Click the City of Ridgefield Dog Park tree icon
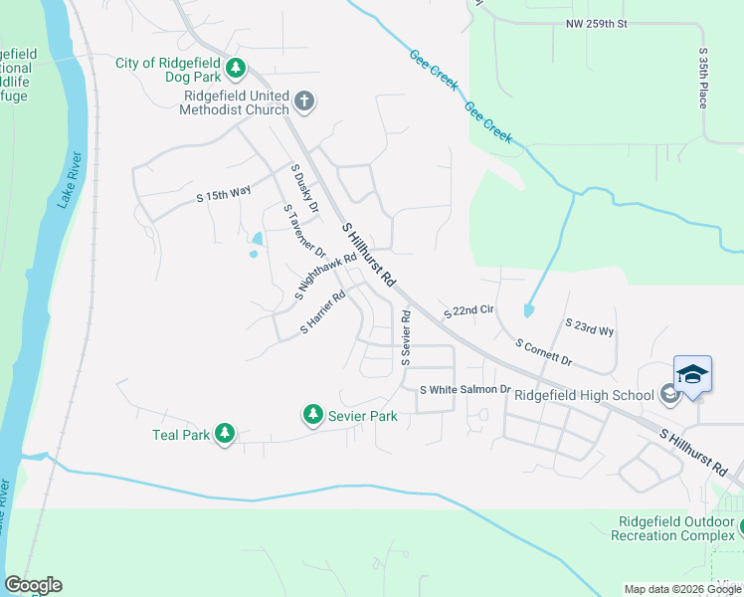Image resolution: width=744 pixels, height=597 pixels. pyautogui.click(x=236, y=68)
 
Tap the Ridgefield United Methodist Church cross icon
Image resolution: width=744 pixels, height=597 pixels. pyautogui.click(x=304, y=100)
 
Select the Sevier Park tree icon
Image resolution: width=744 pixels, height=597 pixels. pyautogui.click(x=313, y=413)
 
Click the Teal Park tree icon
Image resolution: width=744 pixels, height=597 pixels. pyautogui.click(x=226, y=433)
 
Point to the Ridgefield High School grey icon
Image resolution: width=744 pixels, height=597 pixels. pyautogui.click(x=669, y=394)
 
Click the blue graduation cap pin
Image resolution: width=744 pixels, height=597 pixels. pyautogui.click(x=692, y=375)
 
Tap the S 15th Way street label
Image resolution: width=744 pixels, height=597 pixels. pyautogui.click(x=224, y=195)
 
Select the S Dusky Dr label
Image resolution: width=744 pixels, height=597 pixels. pyautogui.click(x=303, y=190)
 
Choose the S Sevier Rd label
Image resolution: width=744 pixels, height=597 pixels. pyautogui.click(x=405, y=335)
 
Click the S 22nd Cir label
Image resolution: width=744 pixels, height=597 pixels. pyautogui.click(x=467, y=311)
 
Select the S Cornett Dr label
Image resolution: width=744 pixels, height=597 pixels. pyautogui.click(x=544, y=350)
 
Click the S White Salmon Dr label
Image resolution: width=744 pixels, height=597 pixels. pyautogui.click(x=465, y=390)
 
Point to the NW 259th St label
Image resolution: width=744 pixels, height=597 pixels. pyautogui.click(x=598, y=23)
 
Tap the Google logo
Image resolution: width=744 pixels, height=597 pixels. pyautogui.click(x=33, y=585)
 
